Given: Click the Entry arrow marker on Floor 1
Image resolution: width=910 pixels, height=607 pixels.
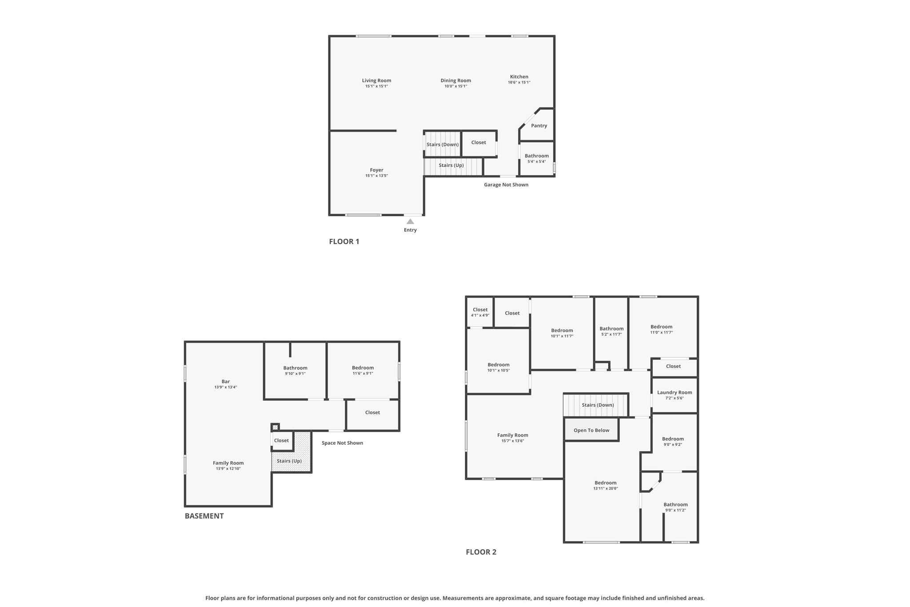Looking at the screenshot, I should [410, 221].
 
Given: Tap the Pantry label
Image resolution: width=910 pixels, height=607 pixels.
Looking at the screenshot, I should [539, 126].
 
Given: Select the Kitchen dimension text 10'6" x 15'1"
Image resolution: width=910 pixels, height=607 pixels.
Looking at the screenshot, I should [519, 83].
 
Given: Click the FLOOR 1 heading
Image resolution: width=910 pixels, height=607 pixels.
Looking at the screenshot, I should [344, 241].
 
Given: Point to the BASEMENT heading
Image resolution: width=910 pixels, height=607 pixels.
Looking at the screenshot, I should [204, 516].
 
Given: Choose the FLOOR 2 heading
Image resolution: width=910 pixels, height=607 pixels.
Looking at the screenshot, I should [481, 552].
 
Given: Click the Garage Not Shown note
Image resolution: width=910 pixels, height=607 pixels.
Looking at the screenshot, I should [506, 185].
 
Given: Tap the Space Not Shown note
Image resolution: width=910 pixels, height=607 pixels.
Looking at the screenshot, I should [342, 443].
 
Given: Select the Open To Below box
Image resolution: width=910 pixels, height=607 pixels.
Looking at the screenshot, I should [591, 430].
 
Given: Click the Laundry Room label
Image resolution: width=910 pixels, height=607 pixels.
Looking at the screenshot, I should [675, 392].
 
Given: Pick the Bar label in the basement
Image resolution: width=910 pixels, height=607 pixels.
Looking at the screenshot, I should [226, 382].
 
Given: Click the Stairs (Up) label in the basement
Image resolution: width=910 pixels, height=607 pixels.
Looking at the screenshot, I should [289, 461].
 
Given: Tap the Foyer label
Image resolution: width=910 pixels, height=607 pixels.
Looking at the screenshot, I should [376, 170].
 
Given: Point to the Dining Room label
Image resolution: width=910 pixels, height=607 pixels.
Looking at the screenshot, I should [455, 80].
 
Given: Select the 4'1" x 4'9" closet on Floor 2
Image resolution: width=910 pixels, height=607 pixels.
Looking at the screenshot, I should [480, 312].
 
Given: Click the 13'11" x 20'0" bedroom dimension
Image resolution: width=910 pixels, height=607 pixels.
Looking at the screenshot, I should [605, 488].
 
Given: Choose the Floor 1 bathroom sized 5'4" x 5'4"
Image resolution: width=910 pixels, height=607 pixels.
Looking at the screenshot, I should [537, 158].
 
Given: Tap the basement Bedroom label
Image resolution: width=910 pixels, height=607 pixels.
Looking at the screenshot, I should [363, 368].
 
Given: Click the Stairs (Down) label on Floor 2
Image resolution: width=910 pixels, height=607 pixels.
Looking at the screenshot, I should [598, 405].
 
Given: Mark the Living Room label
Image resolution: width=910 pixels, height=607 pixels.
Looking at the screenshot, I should [376, 80].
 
